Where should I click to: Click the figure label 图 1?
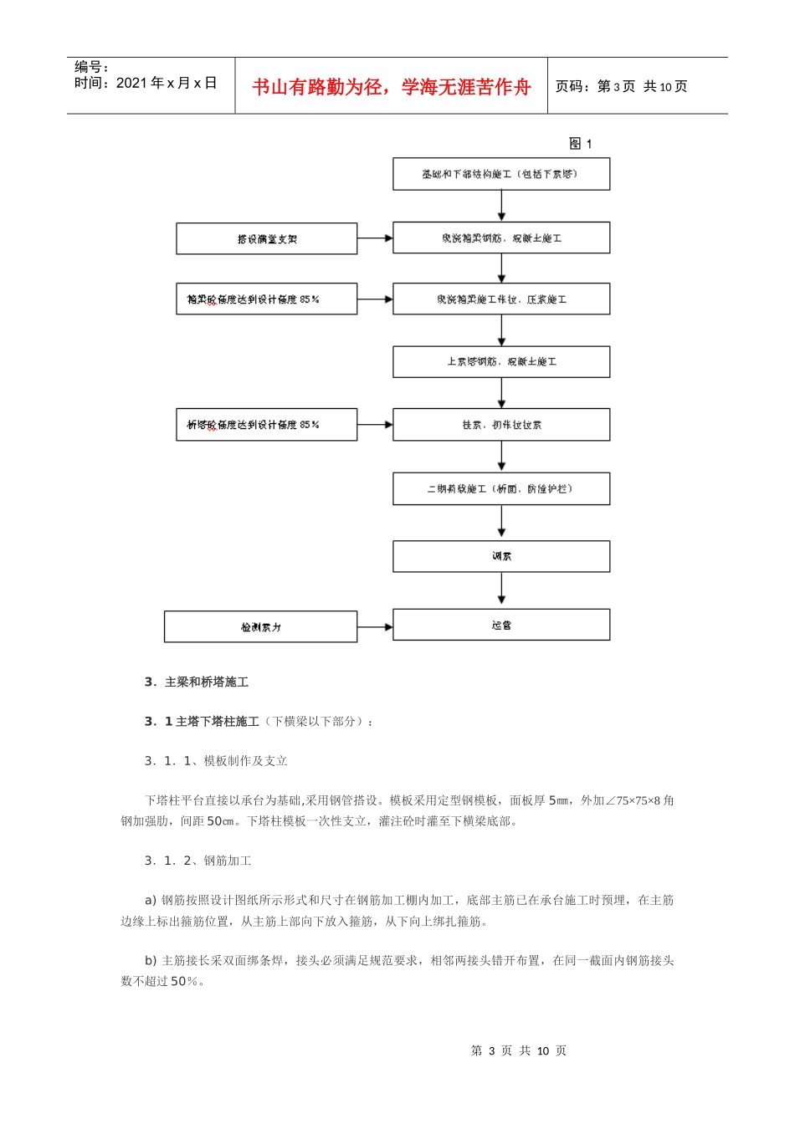tap(580, 144)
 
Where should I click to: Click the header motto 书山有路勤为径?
tap(391, 87)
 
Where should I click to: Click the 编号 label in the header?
tap(91, 67)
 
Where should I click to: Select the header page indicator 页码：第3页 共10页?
tap(621, 86)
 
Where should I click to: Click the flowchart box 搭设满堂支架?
tap(266, 239)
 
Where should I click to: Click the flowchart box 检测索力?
tap(260, 627)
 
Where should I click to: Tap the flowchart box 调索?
tap(501, 556)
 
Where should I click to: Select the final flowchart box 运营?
tap(501, 625)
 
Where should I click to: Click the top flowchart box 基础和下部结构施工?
tap(501, 174)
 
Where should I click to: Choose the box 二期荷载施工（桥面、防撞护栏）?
tap(501, 489)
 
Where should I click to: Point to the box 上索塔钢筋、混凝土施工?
tap(501, 362)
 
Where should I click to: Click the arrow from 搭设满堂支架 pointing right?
tap(375, 238)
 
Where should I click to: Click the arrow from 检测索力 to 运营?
tap(375, 626)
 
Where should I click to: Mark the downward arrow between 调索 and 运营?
tap(501, 590)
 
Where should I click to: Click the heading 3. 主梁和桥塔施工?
tap(197, 682)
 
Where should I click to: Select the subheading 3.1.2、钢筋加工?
tap(198, 861)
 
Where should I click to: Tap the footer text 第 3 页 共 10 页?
tap(518, 1050)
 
